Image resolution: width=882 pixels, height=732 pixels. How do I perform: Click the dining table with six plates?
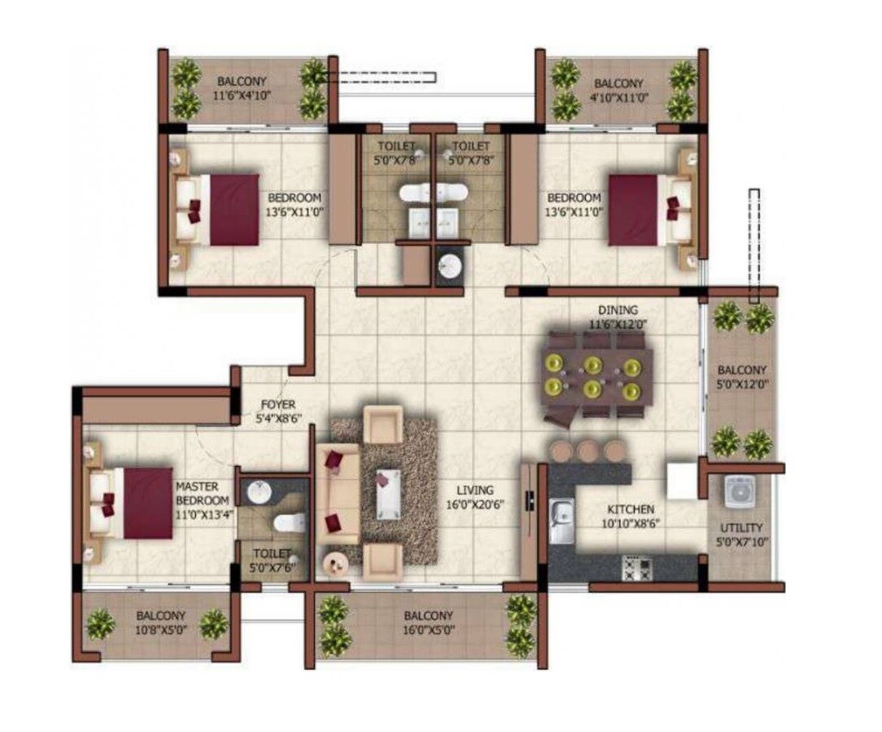(596, 375)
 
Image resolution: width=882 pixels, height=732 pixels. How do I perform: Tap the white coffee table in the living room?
(388, 493)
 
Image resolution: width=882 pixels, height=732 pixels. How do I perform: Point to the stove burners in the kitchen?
(636, 567)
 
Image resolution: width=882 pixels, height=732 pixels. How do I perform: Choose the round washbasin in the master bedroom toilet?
(258, 493)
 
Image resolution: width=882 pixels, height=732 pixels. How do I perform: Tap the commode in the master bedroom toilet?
(289, 522)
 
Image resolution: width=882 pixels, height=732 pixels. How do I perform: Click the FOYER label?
(277, 404)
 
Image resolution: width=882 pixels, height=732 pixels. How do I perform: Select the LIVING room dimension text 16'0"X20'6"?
(475, 504)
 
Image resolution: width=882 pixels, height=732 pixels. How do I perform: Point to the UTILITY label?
(742, 528)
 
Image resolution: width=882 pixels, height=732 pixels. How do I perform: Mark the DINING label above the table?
(618, 310)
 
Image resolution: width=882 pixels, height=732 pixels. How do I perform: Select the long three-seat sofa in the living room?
(337, 495)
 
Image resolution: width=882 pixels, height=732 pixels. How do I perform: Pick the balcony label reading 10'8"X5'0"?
(161, 629)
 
